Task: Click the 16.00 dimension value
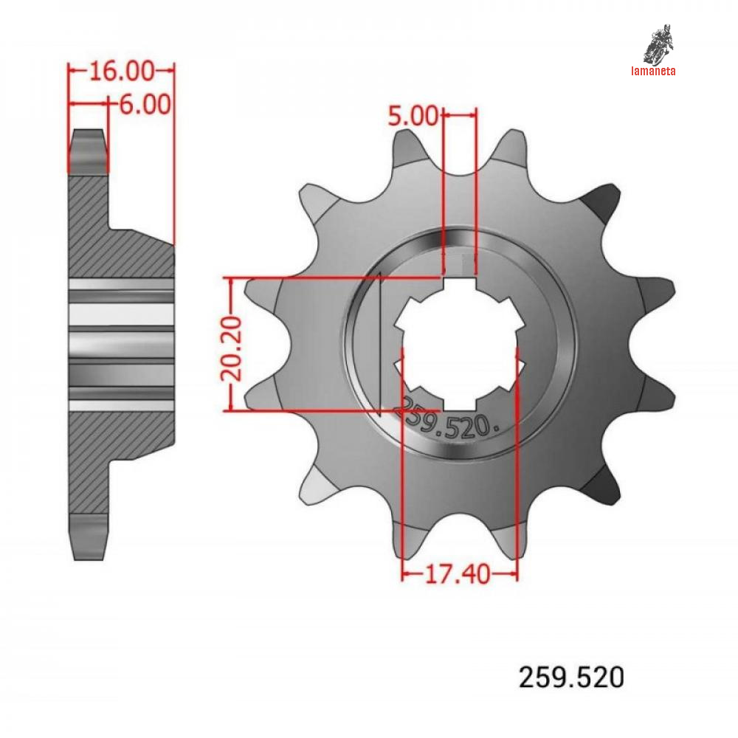[122, 71]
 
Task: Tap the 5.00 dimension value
[413, 115]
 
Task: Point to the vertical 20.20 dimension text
[231, 348]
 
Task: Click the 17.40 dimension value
[458, 574]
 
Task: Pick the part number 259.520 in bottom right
[571, 677]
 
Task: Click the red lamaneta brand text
[653, 71]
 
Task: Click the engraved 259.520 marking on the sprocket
[449, 420]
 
